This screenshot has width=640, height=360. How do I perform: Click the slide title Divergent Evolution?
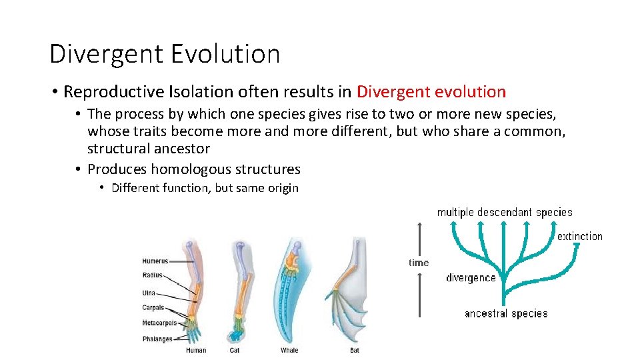click(165, 54)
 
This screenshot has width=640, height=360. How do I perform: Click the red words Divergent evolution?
click(431, 91)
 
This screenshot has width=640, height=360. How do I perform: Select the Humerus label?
click(155, 261)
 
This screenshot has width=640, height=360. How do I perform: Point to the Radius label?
click(153, 275)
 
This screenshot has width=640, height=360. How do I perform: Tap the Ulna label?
click(149, 292)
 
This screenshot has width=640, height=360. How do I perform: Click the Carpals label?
click(153, 308)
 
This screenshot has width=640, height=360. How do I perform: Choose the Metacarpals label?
click(159, 323)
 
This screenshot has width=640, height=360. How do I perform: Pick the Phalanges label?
click(157, 339)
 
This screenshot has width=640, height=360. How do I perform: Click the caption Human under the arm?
click(196, 350)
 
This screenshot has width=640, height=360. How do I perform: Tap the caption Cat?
click(235, 350)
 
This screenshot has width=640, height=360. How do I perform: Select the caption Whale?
click(289, 350)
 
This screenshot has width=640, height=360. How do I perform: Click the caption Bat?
click(355, 350)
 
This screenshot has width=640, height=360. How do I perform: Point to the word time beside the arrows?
click(419, 263)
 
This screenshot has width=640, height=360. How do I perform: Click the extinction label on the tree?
click(579, 236)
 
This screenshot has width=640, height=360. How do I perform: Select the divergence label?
click(471, 277)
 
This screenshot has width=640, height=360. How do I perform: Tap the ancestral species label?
click(506, 313)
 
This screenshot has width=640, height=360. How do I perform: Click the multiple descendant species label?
click(505, 212)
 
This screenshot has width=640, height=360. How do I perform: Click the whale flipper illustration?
click(290, 293)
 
